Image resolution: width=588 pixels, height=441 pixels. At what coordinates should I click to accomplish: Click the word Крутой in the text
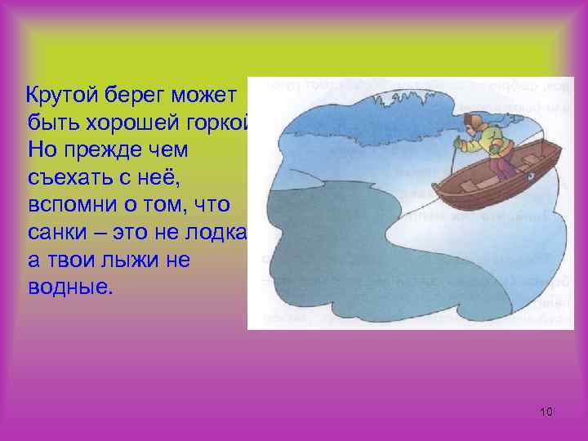(64, 96)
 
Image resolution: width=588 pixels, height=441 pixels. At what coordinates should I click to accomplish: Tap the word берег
(143, 96)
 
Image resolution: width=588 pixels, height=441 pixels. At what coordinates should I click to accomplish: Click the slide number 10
(546, 411)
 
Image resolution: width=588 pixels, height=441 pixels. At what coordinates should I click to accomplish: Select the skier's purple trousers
(503, 167)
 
